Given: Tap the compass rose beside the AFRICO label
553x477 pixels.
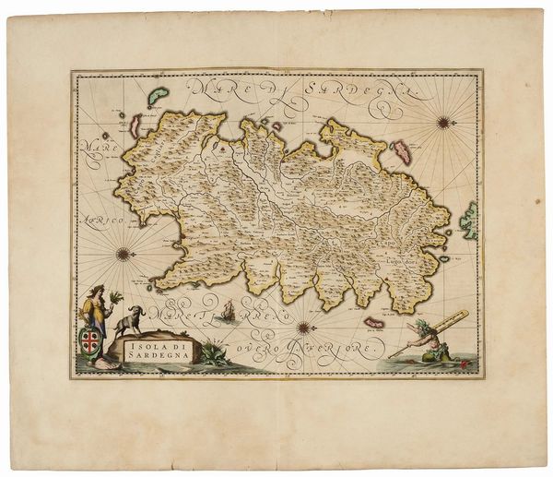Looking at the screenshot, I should coord(123,253).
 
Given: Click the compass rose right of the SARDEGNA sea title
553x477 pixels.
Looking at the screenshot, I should coord(443,121).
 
